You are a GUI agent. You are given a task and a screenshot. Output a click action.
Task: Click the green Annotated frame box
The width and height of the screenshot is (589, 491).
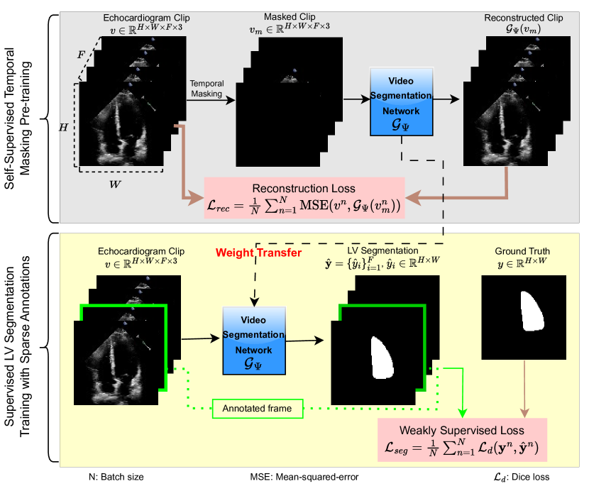(x=258, y=408)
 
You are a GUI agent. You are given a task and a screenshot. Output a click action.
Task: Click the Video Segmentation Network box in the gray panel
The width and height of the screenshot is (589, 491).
(x=400, y=101)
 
